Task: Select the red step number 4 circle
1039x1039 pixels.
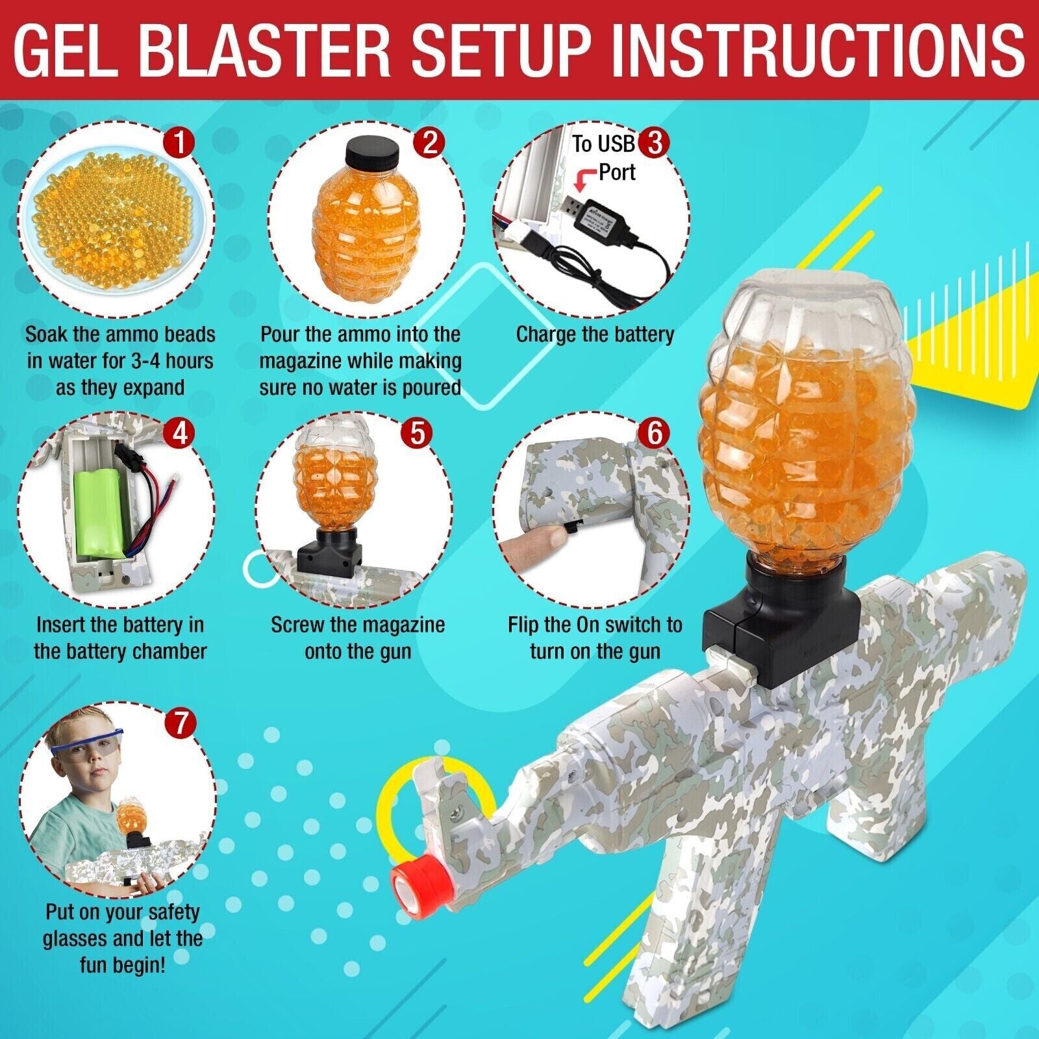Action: coord(180,432)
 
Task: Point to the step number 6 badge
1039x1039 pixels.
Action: coord(654,432)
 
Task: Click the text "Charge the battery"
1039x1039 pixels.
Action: coord(595,334)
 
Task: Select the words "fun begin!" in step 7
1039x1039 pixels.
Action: coord(122,964)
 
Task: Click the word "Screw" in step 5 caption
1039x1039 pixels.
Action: coord(299,625)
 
